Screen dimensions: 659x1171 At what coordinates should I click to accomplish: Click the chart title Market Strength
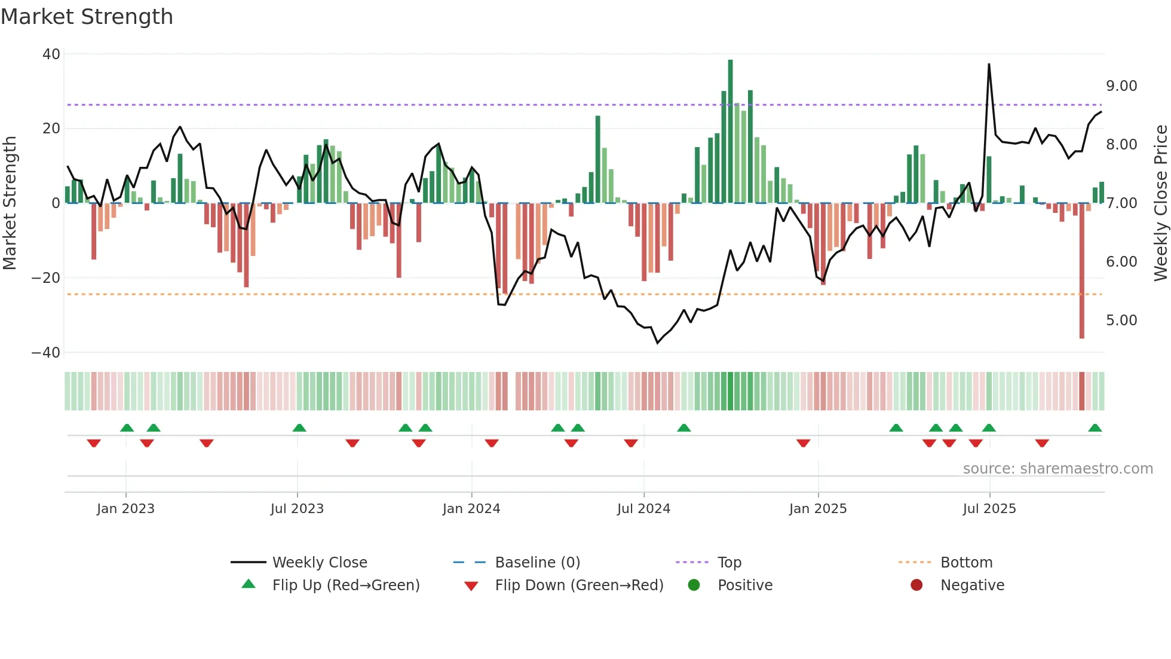pyautogui.click(x=87, y=17)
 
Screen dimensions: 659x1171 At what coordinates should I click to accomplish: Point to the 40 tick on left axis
pyautogui.click(x=51, y=54)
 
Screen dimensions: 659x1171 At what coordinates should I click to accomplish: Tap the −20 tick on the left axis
pyautogui.click(x=46, y=278)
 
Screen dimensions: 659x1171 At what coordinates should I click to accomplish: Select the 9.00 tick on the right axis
pyautogui.click(x=1121, y=86)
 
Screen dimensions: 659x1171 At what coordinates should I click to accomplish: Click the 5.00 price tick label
pyautogui.click(x=1121, y=321)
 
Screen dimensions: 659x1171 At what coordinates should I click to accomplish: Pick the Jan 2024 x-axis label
pyautogui.click(x=471, y=509)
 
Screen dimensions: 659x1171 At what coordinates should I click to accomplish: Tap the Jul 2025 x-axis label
pyautogui.click(x=989, y=509)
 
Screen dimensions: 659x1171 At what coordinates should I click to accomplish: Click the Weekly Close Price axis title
pyautogui.click(x=1160, y=203)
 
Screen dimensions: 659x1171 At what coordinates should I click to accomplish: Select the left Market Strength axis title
pyautogui.click(x=10, y=203)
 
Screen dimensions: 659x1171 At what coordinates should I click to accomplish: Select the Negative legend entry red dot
pyautogui.click(x=916, y=585)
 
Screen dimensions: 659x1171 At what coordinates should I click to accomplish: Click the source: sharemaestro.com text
pyautogui.click(x=1057, y=469)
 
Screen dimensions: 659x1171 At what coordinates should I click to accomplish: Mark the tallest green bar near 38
pyautogui.click(x=730, y=132)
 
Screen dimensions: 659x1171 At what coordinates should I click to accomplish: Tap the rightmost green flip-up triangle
pyautogui.click(x=1095, y=428)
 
